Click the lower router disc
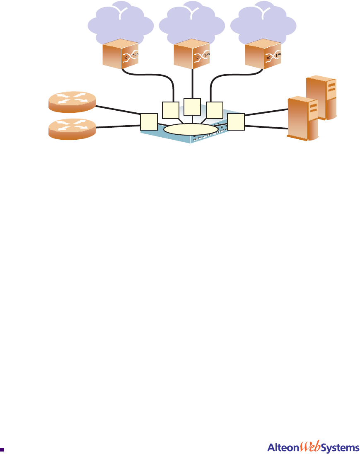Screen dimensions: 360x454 click(x=72, y=129)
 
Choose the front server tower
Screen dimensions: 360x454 click(x=304, y=118)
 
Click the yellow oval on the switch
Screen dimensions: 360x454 click(x=191, y=129)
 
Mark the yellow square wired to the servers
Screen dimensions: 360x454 click(x=236, y=122)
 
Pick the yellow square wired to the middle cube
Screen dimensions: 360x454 click(x=192, y=107)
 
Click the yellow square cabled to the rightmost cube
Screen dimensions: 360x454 click(x=214, y=109)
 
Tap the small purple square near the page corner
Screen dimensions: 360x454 click(x=2, y=449)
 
